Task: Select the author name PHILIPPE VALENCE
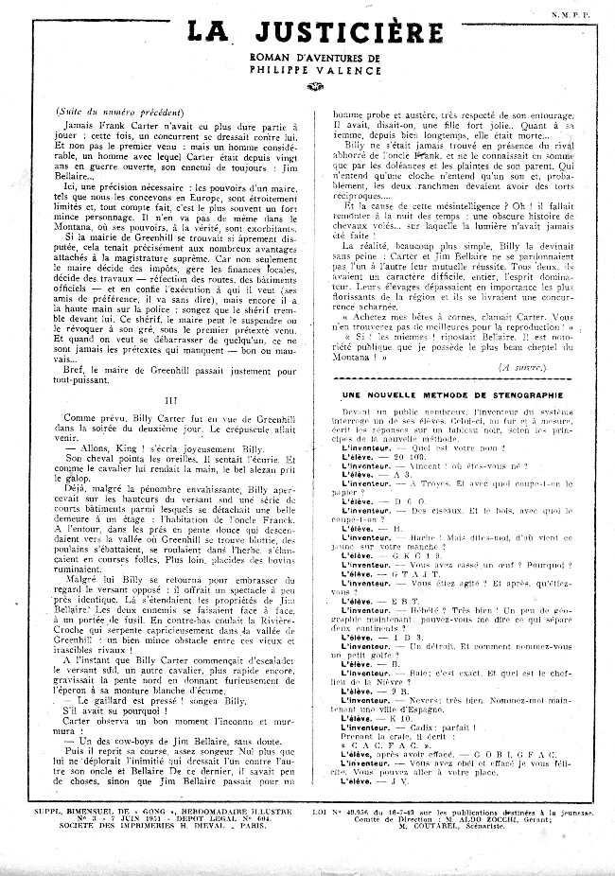tap(308, 68)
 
